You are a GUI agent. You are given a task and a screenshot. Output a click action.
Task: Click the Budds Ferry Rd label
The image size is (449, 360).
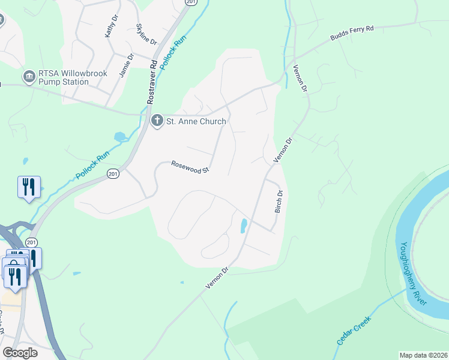coord(352,34)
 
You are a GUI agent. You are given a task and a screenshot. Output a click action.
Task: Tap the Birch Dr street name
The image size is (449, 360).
coord(279,202)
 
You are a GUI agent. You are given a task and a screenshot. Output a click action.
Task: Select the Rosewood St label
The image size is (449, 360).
coord(189,166)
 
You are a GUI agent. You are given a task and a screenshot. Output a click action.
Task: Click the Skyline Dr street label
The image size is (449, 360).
coord(146,34)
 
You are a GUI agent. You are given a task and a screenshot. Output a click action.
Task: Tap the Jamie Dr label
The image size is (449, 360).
coord(125,65)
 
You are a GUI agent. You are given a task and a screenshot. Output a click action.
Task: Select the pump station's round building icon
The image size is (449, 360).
coord(28,76)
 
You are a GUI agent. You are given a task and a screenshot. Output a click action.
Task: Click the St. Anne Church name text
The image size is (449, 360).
coord(197,122)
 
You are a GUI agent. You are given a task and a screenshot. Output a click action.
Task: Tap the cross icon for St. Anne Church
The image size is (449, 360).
coord(157,121)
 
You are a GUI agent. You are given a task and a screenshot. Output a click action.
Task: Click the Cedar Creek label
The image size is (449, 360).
coord(354,331)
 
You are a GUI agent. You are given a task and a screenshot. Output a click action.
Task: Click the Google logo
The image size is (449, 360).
coord(20,353)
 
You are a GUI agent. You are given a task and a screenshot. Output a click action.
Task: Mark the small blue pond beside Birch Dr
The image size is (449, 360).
coord(243,226)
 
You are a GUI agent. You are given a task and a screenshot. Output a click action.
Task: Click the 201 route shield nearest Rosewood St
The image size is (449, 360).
coord(113,173)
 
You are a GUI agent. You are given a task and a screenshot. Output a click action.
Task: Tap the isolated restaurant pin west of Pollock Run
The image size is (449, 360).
coord(29,187)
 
